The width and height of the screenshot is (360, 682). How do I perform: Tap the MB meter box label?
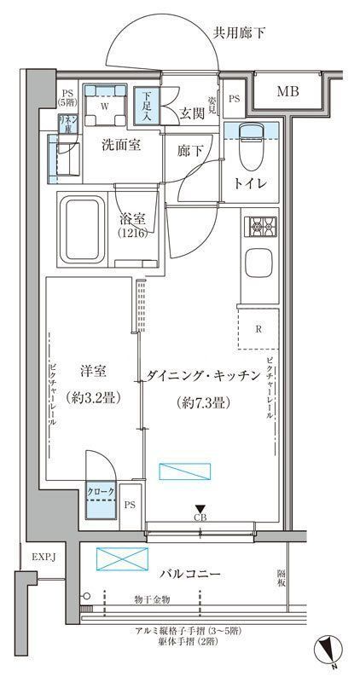click(x=285, y=90)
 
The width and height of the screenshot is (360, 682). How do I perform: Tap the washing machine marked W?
click(x=105, y=108)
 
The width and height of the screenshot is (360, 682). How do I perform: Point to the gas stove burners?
click(x=258, y=228)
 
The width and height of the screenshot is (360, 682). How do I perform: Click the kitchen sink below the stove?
click(x=258, y=263)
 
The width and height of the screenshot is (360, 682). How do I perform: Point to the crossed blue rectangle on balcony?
click(x=120, y=560)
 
